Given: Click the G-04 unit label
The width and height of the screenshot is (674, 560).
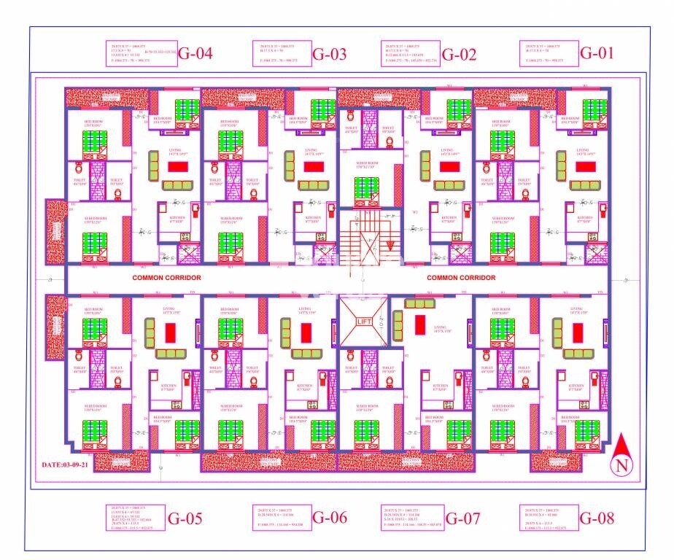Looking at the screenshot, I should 195,53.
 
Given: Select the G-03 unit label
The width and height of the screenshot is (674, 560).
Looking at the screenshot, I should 329,53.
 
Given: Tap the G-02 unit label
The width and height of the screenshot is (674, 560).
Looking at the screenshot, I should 459,53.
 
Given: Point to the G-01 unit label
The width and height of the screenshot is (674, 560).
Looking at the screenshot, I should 597,53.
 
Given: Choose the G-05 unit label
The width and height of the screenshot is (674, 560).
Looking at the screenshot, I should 185,519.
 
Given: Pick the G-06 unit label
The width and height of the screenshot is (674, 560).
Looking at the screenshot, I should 329,518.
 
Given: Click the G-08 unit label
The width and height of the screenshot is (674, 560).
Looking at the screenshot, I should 597,518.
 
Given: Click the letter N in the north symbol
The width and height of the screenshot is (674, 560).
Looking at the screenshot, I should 621,465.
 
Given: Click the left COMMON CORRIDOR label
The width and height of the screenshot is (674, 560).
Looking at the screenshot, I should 166,278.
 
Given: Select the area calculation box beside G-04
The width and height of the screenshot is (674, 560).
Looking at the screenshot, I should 142,54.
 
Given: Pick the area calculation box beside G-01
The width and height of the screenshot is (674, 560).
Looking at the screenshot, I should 549,54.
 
